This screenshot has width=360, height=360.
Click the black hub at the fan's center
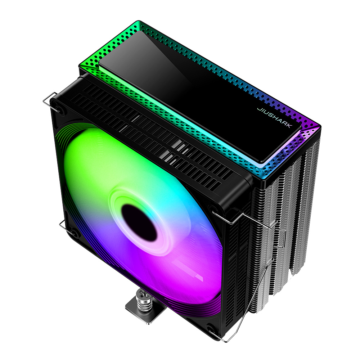(x=139, y=222)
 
